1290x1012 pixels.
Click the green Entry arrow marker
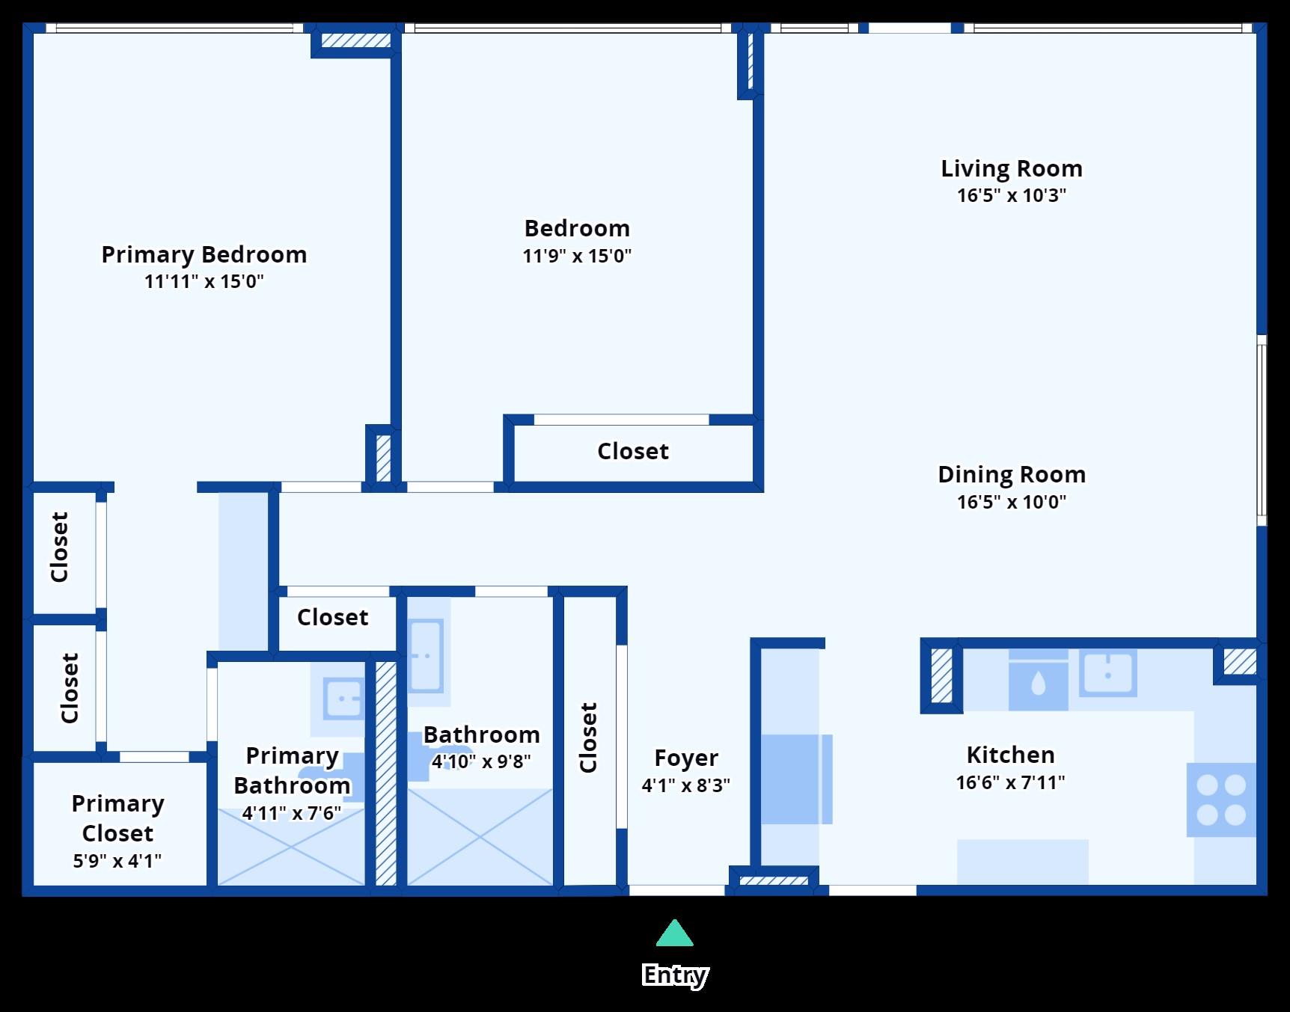click(675, 933)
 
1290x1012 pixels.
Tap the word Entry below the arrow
click(675, 975)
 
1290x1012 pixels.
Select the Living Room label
click(1012, 168)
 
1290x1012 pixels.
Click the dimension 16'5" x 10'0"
click(1012, 502)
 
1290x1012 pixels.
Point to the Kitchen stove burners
click(1221, 800)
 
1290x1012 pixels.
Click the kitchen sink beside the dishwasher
click(1107, 673)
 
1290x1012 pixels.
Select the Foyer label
click(686, 758)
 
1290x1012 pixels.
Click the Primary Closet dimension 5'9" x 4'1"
click(117, 861)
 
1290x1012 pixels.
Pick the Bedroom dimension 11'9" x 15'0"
click(577, 256)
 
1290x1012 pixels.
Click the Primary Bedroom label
click(204, 255)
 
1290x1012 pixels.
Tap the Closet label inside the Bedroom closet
click(633, 451)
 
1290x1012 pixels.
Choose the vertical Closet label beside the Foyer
click(589, 737)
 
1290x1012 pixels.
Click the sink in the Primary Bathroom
click(344, 699)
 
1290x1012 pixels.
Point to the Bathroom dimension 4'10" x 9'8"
click(481, 761)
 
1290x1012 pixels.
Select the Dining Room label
click(1012, 474)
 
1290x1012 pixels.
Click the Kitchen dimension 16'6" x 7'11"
click(1010, 782)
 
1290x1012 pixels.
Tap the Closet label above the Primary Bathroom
click(333, 617)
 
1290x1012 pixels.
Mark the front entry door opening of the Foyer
click(677, 890)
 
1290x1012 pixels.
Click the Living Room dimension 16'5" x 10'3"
click(1012, 195)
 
